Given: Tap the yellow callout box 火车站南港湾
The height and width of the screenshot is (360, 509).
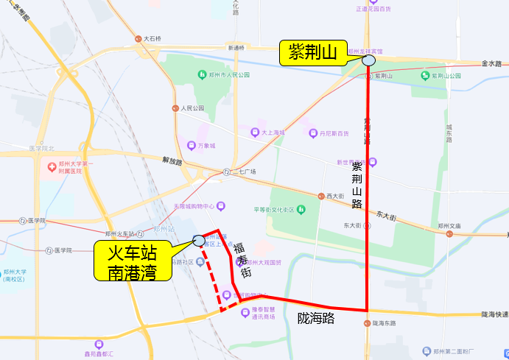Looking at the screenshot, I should (x=133, y=263).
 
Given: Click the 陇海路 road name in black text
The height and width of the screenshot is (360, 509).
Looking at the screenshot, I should (x=316, y=318).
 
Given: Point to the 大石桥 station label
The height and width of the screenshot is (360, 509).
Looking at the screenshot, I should (x=152, y=38).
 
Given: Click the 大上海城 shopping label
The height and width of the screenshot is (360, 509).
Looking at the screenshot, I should (x=273, y=133).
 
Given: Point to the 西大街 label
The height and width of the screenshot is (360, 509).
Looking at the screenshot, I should (x=335, y=197).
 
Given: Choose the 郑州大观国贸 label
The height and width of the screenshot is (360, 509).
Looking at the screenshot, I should (x=267, y=262).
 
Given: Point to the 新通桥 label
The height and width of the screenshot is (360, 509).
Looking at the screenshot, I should (x=236, y=48).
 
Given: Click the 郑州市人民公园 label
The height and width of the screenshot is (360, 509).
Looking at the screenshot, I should (x=229, y=75).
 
